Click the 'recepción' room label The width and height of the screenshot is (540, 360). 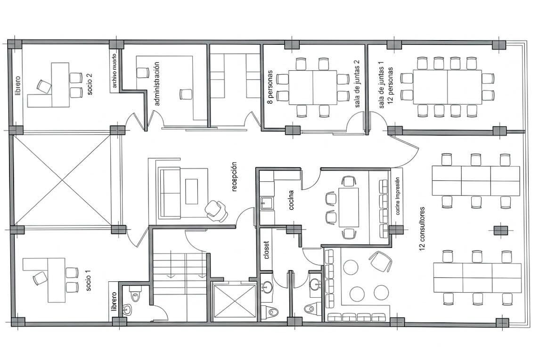[x=235, y=176]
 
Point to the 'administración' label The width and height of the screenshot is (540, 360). [x=157, y=83]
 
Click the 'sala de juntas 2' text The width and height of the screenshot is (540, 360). [x=357, y=83]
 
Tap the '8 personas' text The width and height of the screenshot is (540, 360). [x=270, y=87]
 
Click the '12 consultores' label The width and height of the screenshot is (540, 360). [x=423, y=229]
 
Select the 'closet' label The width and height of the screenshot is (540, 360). [x=266, y=249]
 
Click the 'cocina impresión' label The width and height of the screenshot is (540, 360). [x=398, y=196]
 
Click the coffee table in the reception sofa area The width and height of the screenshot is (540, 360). [x=192, y=191]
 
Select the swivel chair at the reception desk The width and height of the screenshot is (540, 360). [x=216, y=211]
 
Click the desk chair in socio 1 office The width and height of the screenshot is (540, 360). [x=40, y=278]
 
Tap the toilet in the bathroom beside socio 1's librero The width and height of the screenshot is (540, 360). [x=135, y=295]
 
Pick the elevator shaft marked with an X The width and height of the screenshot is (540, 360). [x=235, y=301]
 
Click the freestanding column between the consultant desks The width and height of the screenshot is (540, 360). [x=500, y=230]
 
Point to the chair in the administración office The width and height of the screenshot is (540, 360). [x=186, y=94]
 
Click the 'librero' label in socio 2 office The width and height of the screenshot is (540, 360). [x=18, y=86]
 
